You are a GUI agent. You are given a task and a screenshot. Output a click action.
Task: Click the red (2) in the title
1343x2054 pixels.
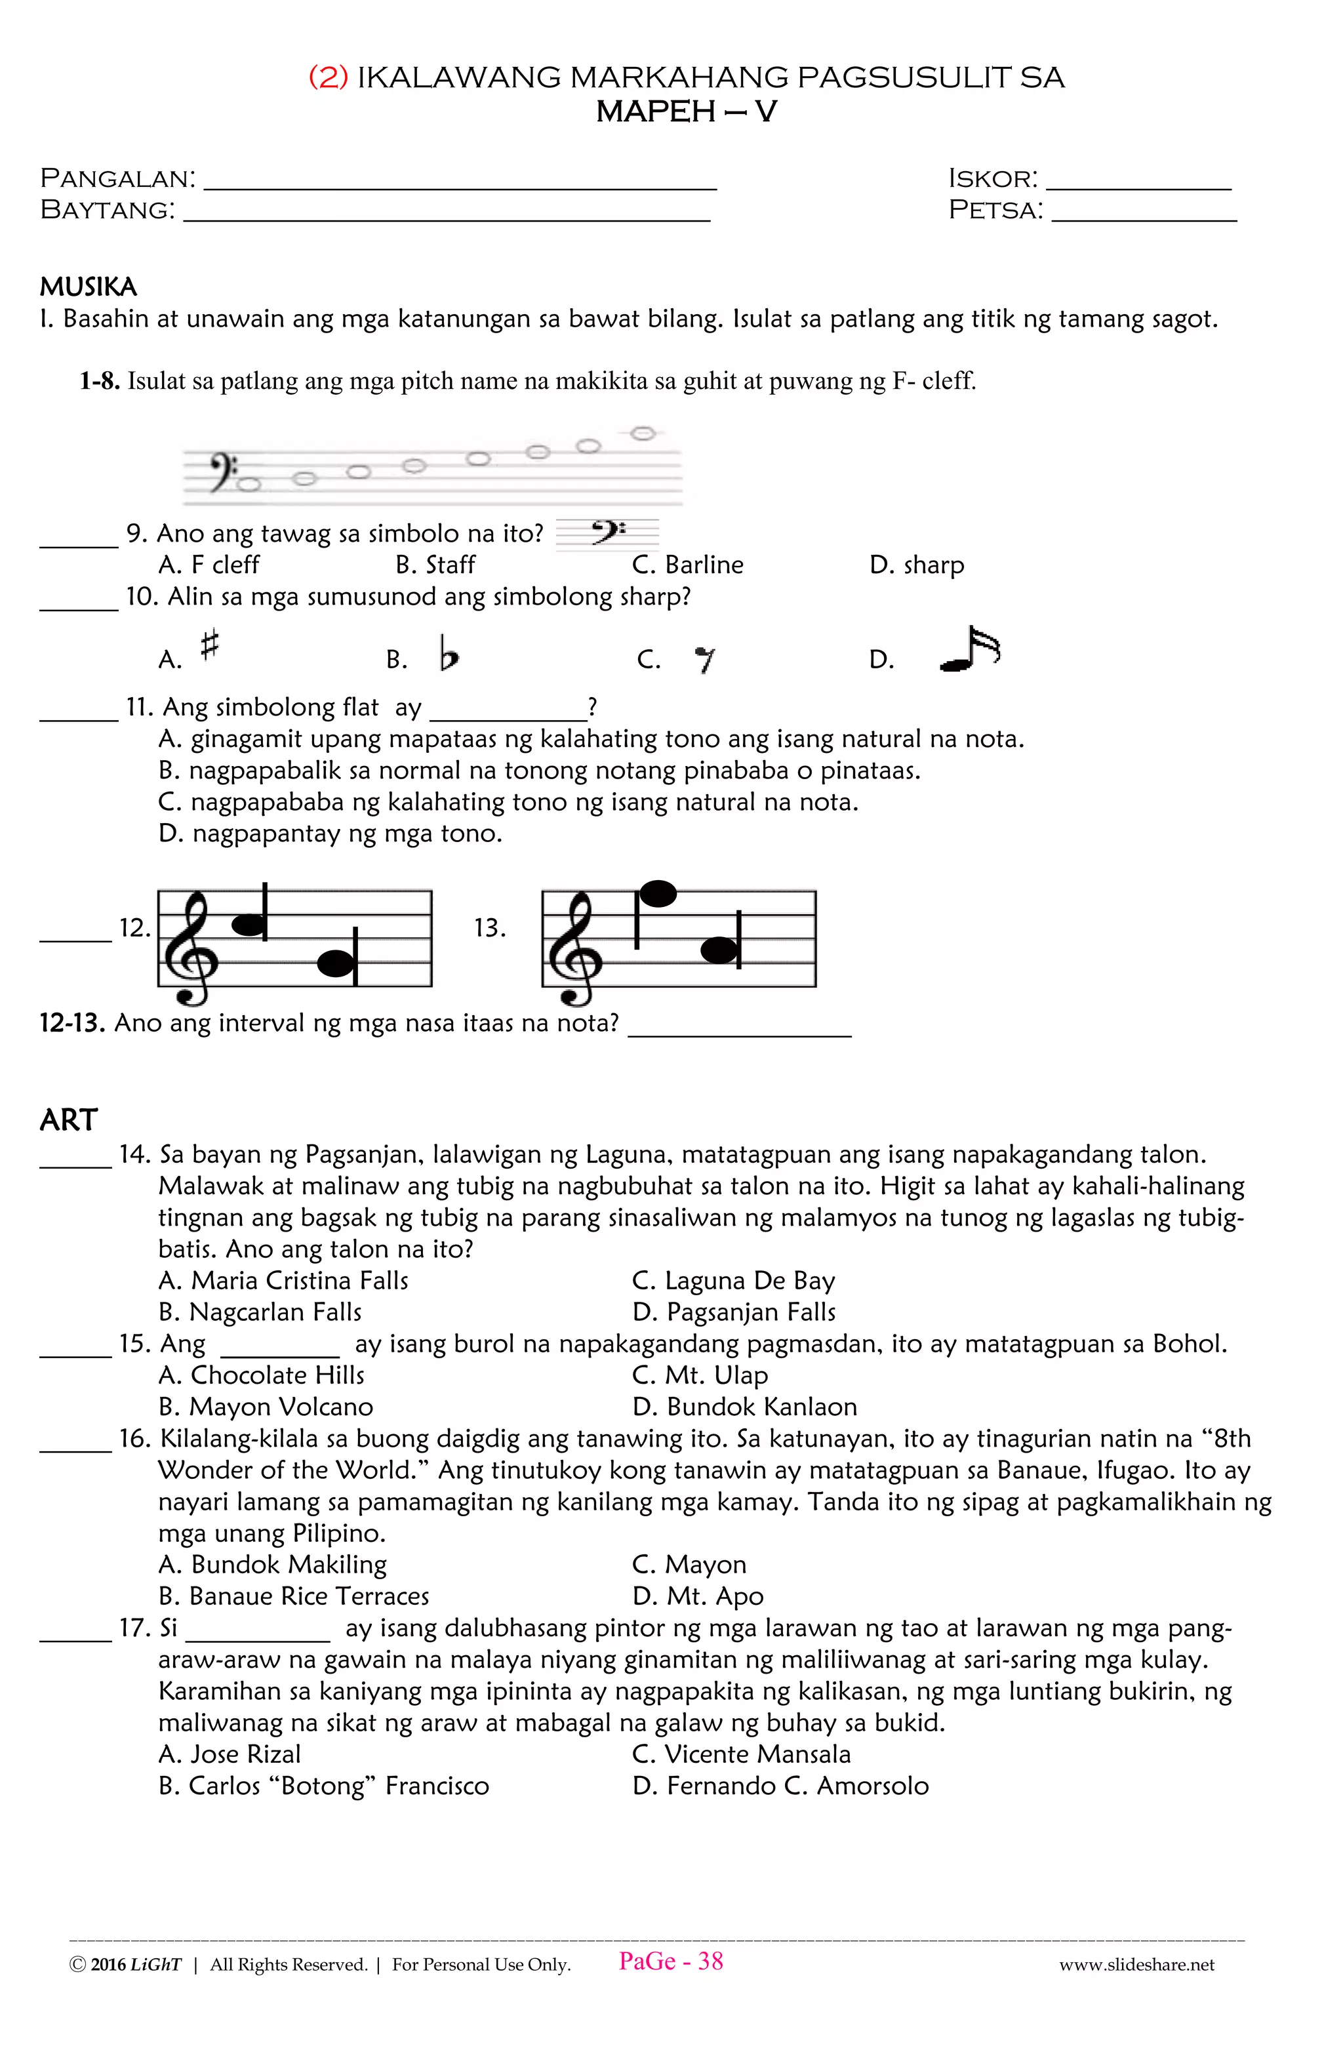tap(328, 77)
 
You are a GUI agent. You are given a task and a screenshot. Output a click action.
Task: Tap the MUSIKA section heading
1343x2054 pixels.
tap(88, 287)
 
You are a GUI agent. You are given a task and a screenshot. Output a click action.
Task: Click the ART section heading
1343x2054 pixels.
tap(68, 1119)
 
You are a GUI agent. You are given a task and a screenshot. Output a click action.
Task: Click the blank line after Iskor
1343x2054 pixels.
tap(1138, 185)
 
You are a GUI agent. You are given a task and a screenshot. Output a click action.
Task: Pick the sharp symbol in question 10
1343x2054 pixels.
tap(210, 645)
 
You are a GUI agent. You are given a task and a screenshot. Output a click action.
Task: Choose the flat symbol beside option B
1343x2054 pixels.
tap(448, 653)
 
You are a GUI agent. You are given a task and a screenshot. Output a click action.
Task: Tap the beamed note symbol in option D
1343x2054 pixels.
tap(970, 650)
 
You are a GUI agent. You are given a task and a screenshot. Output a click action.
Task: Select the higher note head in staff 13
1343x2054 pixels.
tap(658, 894)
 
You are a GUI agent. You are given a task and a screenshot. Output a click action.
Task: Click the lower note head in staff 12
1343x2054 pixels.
tap(336, 963)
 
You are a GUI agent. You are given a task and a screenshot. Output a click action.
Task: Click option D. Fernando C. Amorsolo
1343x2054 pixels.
tap(780, 1786)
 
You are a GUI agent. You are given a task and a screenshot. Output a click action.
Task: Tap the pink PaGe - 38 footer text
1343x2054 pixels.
tap(671, 1961)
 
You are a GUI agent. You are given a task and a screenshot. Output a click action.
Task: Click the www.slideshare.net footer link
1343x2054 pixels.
tap(1136, 1965)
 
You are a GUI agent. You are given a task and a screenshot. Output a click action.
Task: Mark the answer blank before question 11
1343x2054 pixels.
tap(79, 717)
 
